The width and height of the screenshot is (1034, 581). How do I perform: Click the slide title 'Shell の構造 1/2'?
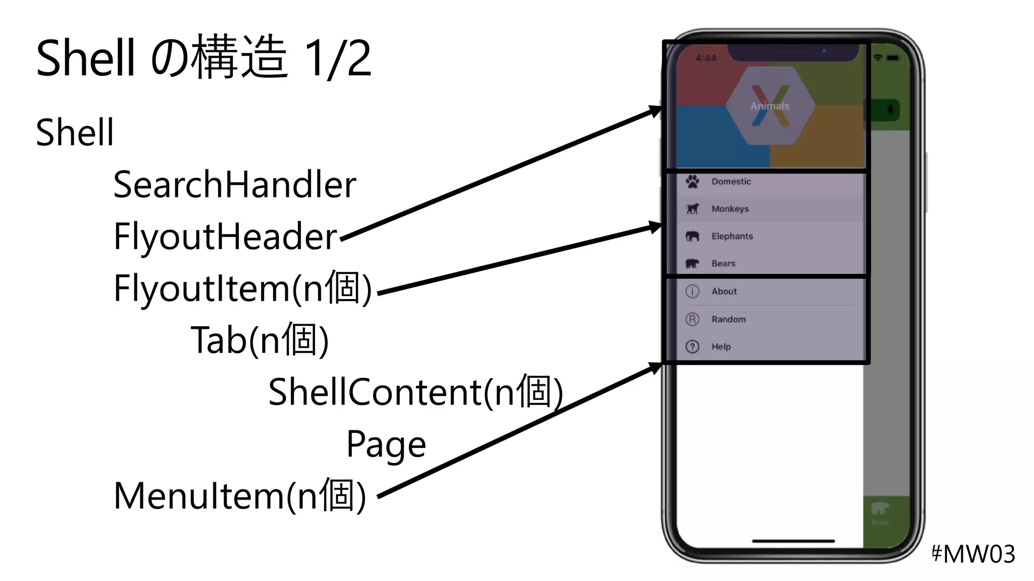coord(203,58)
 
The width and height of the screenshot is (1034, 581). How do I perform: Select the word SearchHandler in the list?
coord(235,185)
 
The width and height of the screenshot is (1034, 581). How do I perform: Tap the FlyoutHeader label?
coord(225,237)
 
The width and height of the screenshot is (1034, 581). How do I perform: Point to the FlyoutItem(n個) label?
coord(243,288)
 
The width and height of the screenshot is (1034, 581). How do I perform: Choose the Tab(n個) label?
coord(260,340)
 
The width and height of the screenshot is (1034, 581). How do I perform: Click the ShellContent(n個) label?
coord(415,392)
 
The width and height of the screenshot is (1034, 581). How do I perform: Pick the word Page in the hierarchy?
coord(386,444)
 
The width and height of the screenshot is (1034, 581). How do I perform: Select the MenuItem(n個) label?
coord(240,496)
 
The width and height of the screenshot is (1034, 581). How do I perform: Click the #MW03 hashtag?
coord(972,554)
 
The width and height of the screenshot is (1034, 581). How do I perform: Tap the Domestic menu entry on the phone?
coord(731,182)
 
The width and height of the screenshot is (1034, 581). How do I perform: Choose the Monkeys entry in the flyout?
coord(730,209)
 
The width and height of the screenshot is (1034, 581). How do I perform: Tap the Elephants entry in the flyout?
coord(732,236)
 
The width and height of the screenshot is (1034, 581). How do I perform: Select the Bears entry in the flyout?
coord(723,263)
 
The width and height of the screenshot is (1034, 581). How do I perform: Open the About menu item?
coord(724,291)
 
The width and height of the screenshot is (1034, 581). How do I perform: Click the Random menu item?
coord(729,319)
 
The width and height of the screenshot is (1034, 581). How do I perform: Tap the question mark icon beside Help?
coord(693,346)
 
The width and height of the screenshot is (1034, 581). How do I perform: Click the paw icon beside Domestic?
coord(693,181)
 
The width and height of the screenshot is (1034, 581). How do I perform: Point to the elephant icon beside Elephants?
coord(693,236)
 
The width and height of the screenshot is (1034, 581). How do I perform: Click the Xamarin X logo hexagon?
coord(770,106)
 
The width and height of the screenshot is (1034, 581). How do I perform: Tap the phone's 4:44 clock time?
coord(706,58)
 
